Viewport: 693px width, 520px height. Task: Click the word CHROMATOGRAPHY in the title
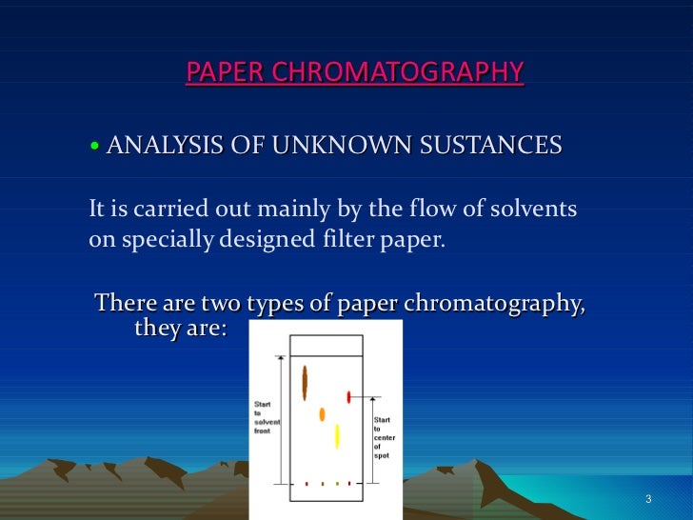420,72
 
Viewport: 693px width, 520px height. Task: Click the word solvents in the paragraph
532,208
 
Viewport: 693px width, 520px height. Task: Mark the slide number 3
647,501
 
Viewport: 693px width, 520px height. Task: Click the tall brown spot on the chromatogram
305,382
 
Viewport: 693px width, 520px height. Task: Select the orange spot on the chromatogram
322,414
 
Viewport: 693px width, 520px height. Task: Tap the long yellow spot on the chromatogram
337,436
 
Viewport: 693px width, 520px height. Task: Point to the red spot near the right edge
349,396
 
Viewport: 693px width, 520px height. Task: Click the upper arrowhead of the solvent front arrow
280,359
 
